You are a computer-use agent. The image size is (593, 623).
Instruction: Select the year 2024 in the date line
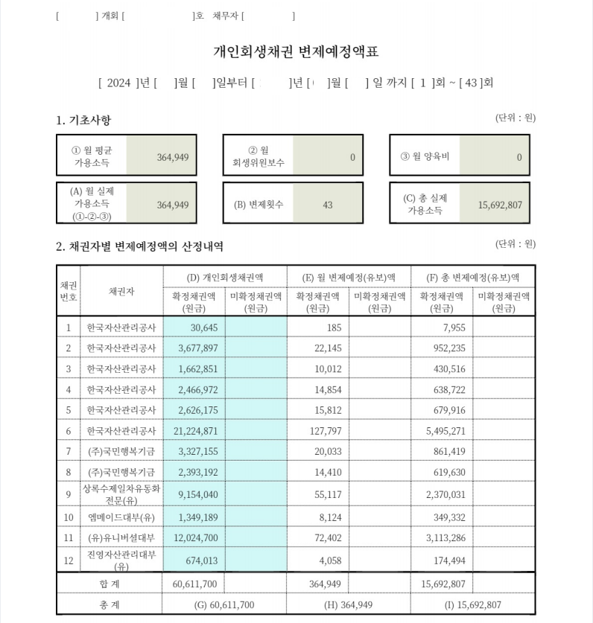(x=118, y=83)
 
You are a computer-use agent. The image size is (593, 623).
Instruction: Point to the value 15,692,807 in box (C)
(x=500, y=205)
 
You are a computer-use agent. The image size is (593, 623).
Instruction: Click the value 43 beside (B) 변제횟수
(x=328, y=205)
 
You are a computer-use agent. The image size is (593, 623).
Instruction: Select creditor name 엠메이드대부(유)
(x=121, y=517)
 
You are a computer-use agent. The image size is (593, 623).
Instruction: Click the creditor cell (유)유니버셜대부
(x=121, y=537)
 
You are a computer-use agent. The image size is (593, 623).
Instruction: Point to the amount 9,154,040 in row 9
(x=194, y=493)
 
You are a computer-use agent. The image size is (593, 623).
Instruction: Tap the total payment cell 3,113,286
(x=444, y=537)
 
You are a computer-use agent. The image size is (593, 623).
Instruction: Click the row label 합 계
(x=109, y=584)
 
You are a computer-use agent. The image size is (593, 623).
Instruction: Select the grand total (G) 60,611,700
(x=224, y=604)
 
